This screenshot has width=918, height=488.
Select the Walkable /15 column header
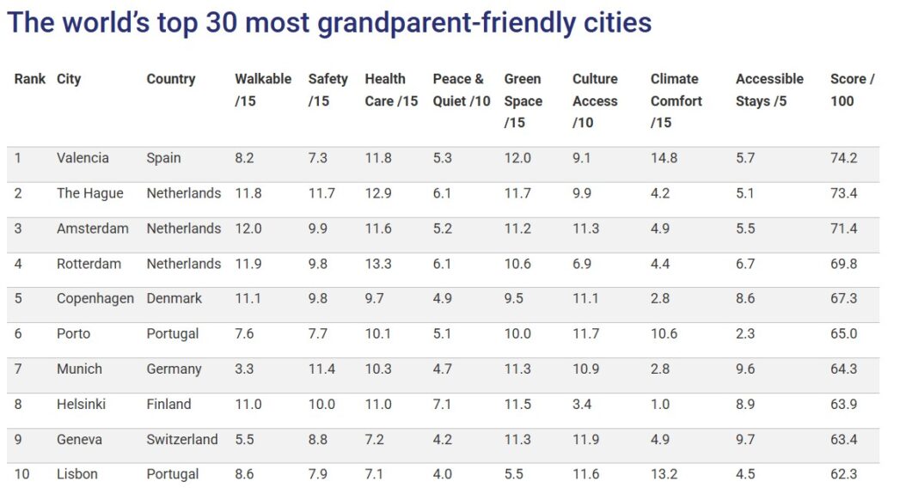point(263,89)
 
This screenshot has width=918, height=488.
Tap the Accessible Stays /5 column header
point(769,89)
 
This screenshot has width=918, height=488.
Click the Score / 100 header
point(852,89)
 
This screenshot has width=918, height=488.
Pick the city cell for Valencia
point(83,158)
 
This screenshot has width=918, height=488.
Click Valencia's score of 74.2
point(843,158)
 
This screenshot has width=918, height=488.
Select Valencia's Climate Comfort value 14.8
point(664,158)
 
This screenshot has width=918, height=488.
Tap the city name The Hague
point(90,193)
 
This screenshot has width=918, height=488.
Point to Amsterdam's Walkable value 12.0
point(248,229)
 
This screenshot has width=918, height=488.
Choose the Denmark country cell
point(174,299)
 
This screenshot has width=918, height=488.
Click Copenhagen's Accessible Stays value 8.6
point(745,299)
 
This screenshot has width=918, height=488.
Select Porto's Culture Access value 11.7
point(585,334)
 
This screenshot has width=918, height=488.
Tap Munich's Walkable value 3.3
point(244,369)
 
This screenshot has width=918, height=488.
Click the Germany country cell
point(174,369)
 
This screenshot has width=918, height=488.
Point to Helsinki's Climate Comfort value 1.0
point(660,405)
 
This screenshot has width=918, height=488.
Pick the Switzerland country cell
point(182,440)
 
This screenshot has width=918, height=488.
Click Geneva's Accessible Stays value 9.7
point(745,440)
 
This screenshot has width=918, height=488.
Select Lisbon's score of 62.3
point(843,474)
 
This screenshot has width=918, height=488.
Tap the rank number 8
point(18,405)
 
